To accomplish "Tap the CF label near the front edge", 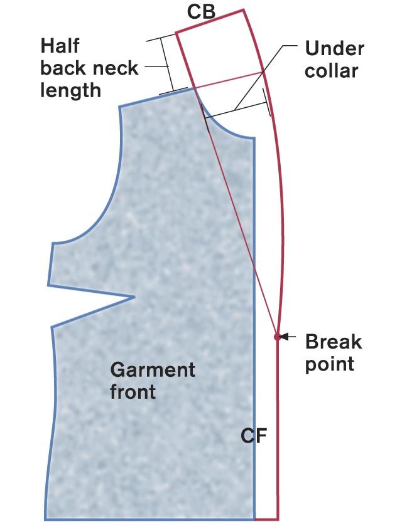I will tap(254, 435).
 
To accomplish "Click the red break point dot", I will tap(277, 337).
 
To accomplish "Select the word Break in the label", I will tap(333, 342).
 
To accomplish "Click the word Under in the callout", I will tap(334, 48).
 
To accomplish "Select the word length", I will tap(70, 90).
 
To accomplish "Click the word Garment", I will tap(153, 369).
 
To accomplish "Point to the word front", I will tap(133, 392).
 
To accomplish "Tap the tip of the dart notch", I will tap(135, 297).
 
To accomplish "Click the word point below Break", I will tap(330, 364).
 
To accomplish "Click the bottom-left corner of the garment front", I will tap(45, 519).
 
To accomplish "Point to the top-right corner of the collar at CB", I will tap(243, 11).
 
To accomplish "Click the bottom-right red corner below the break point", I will tap(278, 519).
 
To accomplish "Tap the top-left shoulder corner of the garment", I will tap(119, 107).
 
